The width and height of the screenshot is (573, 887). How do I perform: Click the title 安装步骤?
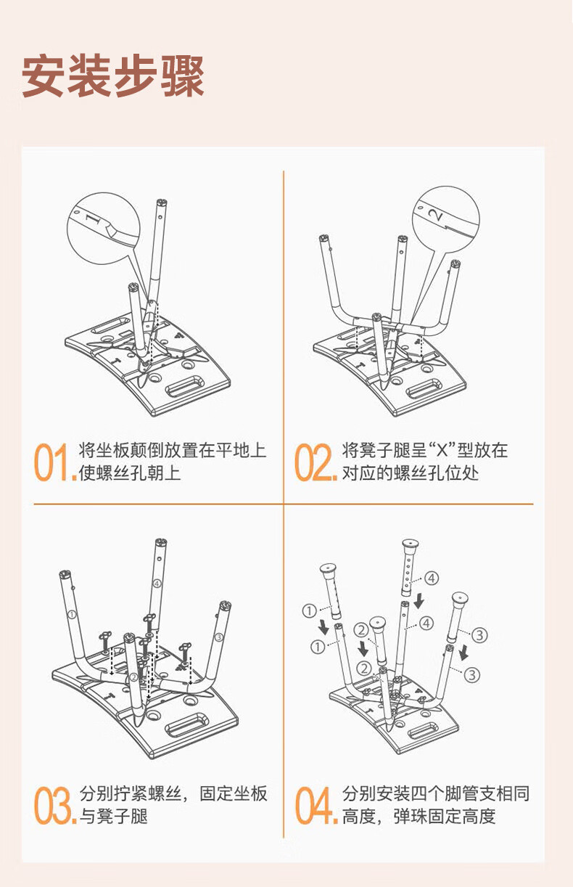[112, 76]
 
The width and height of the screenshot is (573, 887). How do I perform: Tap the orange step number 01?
[54, 462]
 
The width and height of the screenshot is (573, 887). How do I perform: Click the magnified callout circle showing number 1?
[104, 228]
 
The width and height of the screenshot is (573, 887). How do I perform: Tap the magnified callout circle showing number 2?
[446, 220]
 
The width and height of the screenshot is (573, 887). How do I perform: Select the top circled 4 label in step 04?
[432, 579]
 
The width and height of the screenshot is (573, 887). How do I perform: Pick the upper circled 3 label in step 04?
[479, 635]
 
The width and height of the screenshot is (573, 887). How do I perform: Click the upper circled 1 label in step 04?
[309, 610]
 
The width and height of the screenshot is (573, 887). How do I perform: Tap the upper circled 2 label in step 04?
[361, 629]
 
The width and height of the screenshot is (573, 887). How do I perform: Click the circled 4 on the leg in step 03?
[157, 584]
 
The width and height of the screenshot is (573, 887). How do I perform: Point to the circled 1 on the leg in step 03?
[72, 615]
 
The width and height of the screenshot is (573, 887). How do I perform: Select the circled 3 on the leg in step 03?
[219, 637]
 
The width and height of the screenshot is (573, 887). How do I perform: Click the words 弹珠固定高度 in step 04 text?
[445, 817]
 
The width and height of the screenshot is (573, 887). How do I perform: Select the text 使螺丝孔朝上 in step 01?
[130, 473]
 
